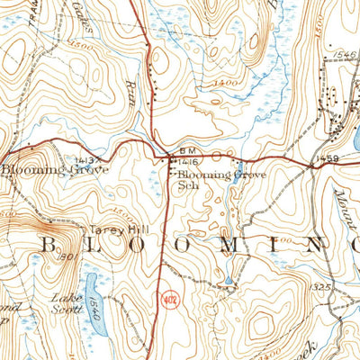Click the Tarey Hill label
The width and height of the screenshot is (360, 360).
pos(111,229)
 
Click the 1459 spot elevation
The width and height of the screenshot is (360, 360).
pos(326,159)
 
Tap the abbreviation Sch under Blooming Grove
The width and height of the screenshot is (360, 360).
pos(186,185)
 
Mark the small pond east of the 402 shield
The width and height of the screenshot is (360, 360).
pos(227,281)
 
